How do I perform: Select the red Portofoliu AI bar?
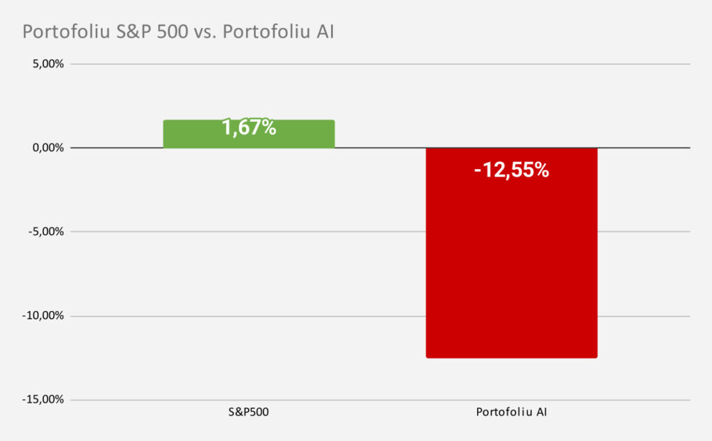click(x=511, y=264)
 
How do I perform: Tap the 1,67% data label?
click(x=249, y=127)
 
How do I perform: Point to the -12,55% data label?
click(x=511, y=170)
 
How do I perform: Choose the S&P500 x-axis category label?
click(x=249, y=412)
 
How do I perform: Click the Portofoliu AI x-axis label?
click(x=511, y=412)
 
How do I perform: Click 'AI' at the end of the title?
click(x=325, y=33)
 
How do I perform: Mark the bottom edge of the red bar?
click(x=511, y=358)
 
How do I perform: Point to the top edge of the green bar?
click(x=249, y=120)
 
